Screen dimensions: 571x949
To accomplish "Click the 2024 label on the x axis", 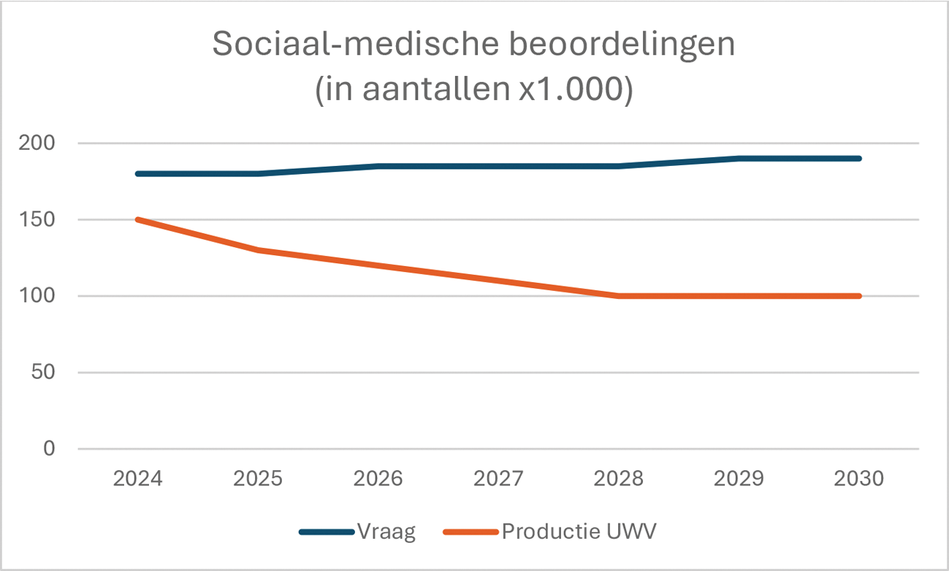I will click(138, 480).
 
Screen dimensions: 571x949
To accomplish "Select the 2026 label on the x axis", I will click(378, 480).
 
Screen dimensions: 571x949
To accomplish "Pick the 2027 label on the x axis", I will click(499, 480).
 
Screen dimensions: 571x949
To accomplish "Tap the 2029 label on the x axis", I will click(739, 480).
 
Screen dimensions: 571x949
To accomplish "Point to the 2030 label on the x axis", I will click(859, 480).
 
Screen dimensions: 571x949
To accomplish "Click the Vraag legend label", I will click(386, 532).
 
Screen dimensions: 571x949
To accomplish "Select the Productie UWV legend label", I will click(579, 532).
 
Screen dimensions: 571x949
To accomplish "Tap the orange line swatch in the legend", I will click(470, 532).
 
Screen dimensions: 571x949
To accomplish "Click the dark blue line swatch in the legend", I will click(327, 532).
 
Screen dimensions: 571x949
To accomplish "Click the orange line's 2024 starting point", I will click(138, 219).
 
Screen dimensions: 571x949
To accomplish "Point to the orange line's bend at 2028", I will click(619, 296).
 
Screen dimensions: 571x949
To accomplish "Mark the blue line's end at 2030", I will click(859, 159).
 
